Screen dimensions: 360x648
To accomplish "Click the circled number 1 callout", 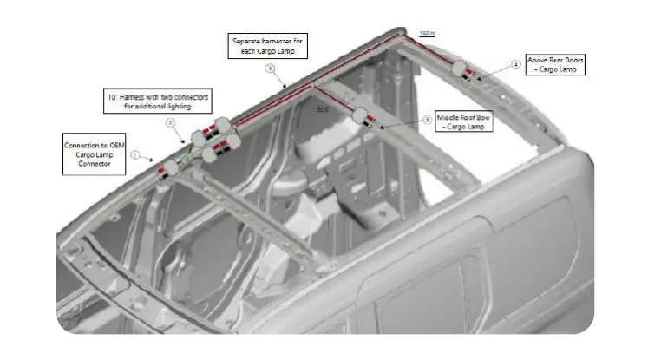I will (134, 154).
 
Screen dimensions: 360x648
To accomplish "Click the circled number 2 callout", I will (172, 122).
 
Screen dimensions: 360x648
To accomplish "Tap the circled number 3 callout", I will (426, 120).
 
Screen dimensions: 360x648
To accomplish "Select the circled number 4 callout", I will (515, 63).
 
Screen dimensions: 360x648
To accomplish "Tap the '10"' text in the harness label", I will (113, 95).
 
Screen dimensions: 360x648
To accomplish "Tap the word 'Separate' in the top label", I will (245, 40).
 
